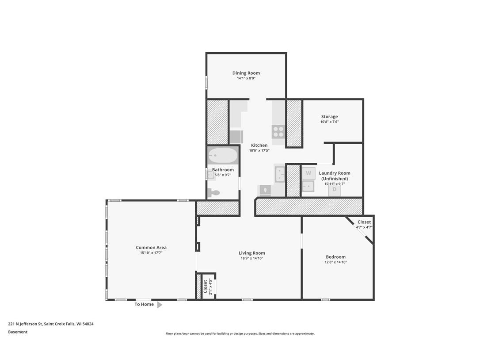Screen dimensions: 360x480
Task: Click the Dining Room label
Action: pyautogui.click(x=246, y=73)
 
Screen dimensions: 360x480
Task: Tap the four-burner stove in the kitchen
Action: pyautogui.click(x=278, y=131)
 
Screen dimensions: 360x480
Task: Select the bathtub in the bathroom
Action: pyautogui.click(x=223, y=156)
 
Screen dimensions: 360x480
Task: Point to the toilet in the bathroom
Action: pyautogui.click(x=213, y=192)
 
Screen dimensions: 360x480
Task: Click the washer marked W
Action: pyautogui.click(x=309, y=173)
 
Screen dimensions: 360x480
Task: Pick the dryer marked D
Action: pyautogui.click(x=334, y=189)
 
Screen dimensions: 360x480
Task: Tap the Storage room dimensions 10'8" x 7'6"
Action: pyautogui.click(x=329, y=122)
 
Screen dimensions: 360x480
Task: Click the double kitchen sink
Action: pyautogui.click(x=280, y=174)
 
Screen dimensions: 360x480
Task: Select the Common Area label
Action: pyautogui.click(x=151, y=248)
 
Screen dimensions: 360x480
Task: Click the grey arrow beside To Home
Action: pyautogui.click(x=160, y=305)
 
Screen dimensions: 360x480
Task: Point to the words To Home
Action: pyautogui.click(x=144, y=304)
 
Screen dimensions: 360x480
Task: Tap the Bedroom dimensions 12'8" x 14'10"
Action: pyautogui.click(x=335, y=262)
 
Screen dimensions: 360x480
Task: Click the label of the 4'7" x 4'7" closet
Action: pyautogui.click(x=364, y=222)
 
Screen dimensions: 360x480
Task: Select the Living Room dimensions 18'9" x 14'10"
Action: pyautogui.click(x=251, y=258)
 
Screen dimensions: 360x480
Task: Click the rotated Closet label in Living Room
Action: pyautogui.click(x=206, y=286)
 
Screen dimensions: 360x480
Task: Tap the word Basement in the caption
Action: pyautogui.click(x=18, y=332)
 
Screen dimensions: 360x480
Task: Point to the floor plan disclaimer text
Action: pyautogui.click(x=240, y=333)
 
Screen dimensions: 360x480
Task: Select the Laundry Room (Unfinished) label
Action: pyautogui.click(x=335, y=176)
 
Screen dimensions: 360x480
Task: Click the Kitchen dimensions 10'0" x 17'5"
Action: pyautogui.click(x=259, y=150)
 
